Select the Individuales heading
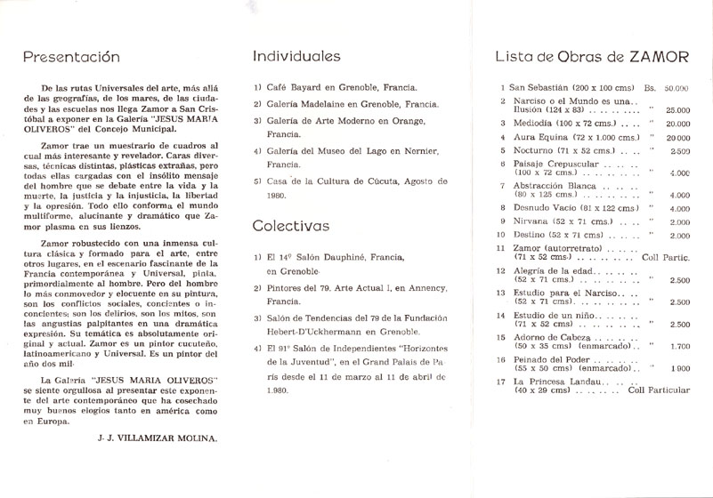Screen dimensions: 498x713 [x=296, y=56]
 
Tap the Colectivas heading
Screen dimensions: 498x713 [x=289, y=226]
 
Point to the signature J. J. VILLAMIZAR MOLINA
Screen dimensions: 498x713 [x=162, y=438]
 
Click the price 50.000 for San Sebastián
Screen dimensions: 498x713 [x=677, y=89]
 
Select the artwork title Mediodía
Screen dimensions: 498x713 [x=536, y=124]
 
